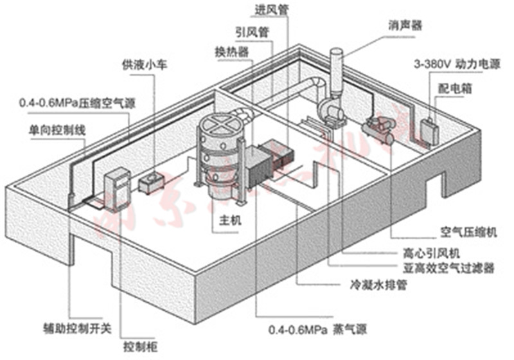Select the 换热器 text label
click(233, 51)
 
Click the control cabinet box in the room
click(117, 189)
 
